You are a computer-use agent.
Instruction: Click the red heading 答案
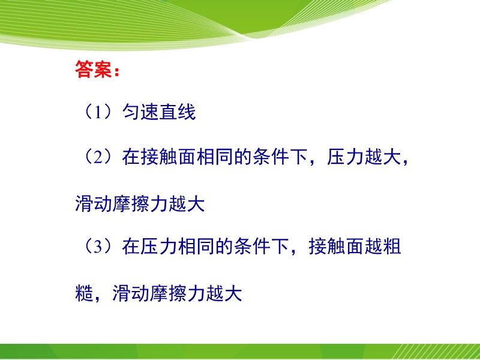coord(94,70)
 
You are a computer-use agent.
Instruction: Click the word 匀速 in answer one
coord(140,112)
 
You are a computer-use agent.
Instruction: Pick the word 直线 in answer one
coord(177,112)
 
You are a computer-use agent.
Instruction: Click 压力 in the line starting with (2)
coord(345,157)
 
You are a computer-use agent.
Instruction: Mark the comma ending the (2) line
coord(406,161)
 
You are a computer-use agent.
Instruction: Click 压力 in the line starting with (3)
coord(158,247)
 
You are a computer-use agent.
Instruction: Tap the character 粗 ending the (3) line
coord(392,247)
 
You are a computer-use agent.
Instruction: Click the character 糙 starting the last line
coord(84,293)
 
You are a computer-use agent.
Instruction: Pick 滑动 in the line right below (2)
coord(94,203)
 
